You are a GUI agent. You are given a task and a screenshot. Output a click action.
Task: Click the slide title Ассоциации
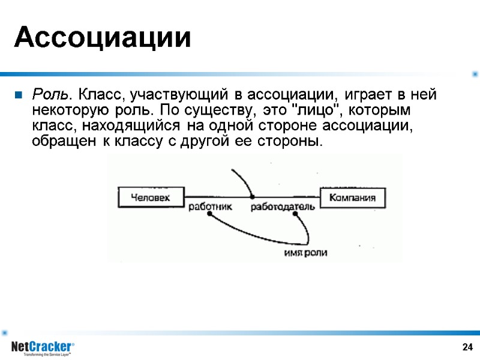[103, 38]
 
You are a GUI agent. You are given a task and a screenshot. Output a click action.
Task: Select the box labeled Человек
[150, 197]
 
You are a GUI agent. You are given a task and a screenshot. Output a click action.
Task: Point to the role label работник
[210, 207]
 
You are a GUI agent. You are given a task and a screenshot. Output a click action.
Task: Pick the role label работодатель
[283, 207]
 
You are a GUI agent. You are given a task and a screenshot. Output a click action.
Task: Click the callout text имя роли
[305, 253]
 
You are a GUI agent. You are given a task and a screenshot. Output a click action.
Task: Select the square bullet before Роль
[18, 95]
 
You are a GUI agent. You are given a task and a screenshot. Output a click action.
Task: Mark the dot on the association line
[253, 197]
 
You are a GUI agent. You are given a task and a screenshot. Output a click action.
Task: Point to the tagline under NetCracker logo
[47, 355]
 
